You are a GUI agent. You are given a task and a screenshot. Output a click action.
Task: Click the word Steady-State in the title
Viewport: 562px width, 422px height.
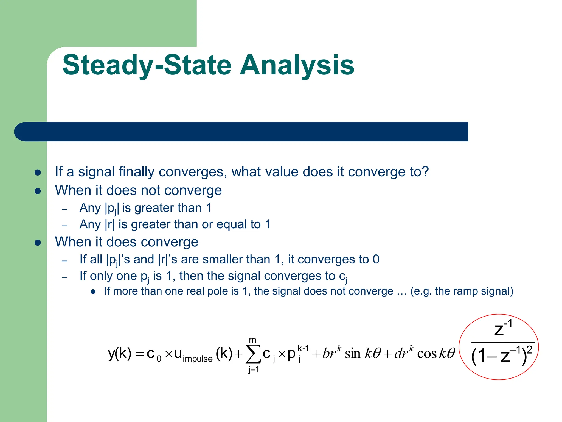coord(147,65)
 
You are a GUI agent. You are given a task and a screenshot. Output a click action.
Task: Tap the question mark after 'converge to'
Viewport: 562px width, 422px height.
coord(425,172)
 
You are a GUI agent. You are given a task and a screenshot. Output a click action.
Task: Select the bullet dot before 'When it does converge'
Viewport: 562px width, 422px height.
coord(38,243)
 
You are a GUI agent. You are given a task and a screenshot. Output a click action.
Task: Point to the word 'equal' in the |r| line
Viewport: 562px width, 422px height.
coord(230,224)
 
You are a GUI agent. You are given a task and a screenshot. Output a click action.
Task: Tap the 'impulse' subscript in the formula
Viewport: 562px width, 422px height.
coord(198,359)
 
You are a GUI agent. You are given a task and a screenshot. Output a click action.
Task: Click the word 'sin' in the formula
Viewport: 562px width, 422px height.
coord(353,354)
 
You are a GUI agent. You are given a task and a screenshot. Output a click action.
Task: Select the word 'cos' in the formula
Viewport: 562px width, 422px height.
coord(427,354)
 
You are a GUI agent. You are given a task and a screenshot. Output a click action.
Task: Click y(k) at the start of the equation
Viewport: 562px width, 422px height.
coord(120,353)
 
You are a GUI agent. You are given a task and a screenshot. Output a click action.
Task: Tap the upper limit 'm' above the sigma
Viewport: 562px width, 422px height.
coord(252,340)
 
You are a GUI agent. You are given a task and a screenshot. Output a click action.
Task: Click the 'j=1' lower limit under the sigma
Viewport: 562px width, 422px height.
coord(254,370)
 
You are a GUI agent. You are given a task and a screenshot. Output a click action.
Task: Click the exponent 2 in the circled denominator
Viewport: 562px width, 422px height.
coord(529,350)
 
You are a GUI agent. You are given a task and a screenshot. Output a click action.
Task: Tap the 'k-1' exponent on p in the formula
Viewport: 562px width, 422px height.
coord(303,348)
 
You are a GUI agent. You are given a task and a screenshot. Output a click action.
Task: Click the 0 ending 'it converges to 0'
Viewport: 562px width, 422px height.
coord(376,259)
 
